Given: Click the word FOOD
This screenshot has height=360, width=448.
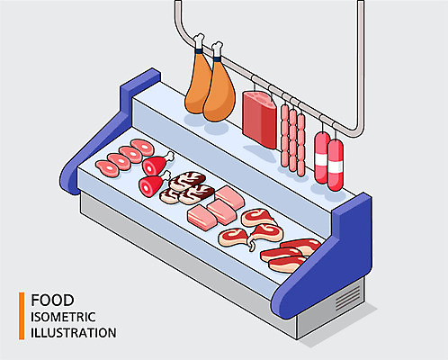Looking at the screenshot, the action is coord(52,301).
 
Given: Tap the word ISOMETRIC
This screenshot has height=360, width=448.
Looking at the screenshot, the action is coord(63,317).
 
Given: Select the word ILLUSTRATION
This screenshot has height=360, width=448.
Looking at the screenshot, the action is coord(74,333).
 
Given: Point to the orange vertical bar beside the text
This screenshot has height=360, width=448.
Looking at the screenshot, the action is coord(22,316).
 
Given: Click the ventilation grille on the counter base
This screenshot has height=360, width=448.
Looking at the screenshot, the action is coord(348,298).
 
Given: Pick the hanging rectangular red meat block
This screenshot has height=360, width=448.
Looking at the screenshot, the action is coord(260,120).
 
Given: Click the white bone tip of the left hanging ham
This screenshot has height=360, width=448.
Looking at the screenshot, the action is coord(199,40).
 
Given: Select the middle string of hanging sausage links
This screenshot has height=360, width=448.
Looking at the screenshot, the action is coord(293,139).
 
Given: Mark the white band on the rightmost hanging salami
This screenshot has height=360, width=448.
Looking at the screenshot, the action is coord(335,166).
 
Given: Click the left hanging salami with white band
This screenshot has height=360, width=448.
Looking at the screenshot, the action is coord(322,157).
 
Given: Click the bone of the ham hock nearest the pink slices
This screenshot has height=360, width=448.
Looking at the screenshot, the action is coord(169,157).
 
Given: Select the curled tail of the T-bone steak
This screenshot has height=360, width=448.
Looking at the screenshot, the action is coord(251,244).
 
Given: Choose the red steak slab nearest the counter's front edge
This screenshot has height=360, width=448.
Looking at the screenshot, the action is coord(287,265).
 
